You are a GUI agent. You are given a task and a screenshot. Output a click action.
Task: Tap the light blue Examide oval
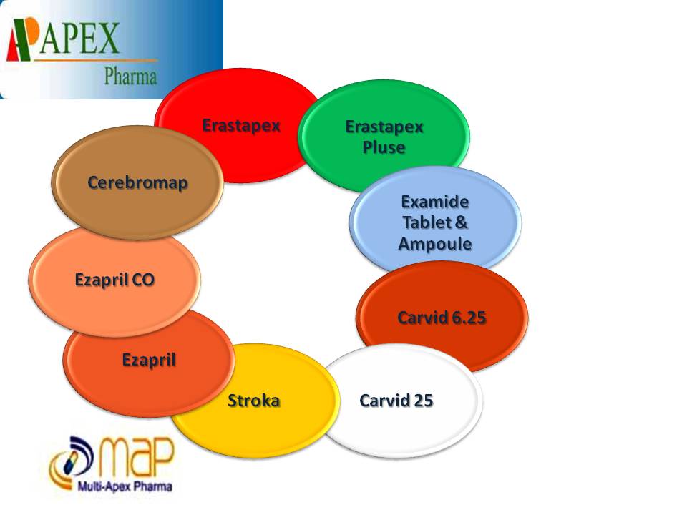tap(435, 222)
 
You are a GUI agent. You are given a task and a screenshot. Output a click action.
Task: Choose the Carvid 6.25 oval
tap(442, 317)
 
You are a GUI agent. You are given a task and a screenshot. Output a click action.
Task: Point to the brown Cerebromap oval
tap(137, 182)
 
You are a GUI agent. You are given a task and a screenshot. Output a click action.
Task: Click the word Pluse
tap(384, 147)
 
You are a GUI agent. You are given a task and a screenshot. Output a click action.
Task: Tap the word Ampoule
tap(434, 243)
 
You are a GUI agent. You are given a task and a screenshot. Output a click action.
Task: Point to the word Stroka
tap(253, 400)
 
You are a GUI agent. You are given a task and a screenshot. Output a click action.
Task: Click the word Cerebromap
tap(137, 182)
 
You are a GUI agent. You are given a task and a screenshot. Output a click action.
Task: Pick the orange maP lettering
tap(135, 458)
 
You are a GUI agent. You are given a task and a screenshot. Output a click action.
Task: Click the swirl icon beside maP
tap(69, 461)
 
